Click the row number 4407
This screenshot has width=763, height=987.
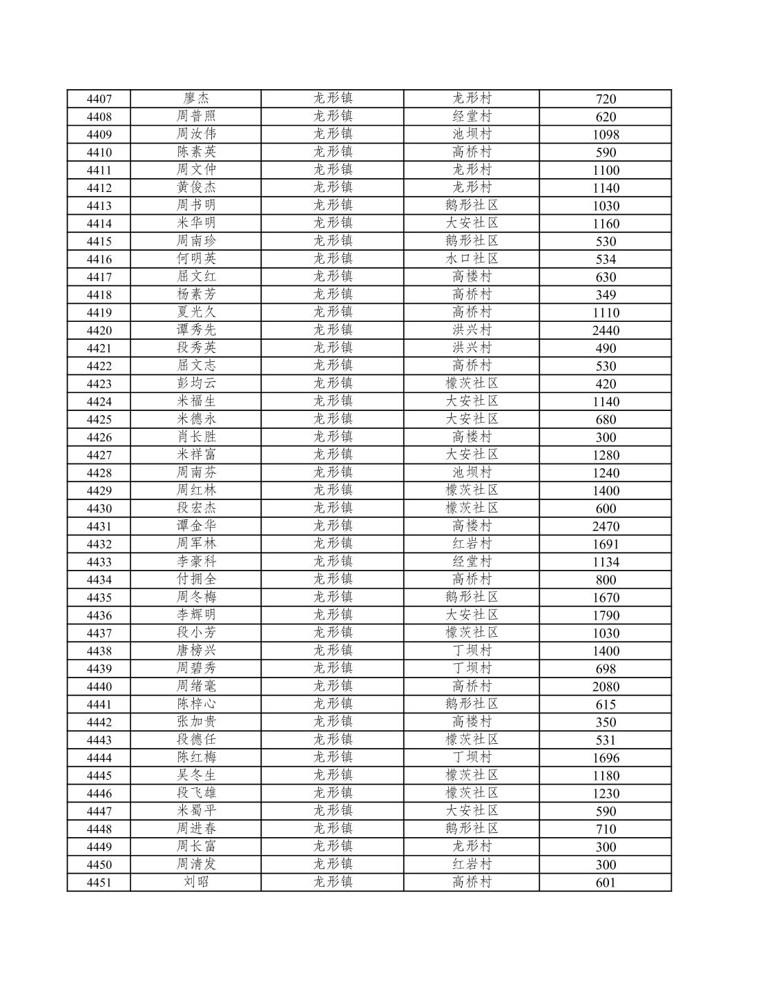[99, 99]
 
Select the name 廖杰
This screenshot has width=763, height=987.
[196, 99]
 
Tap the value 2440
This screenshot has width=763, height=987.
[606, 331]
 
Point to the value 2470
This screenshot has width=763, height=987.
[606, 526]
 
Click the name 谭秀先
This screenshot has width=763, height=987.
[196, 330]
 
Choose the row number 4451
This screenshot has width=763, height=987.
[99, 883]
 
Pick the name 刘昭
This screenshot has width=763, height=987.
[196, 882]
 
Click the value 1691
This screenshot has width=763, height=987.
[606, 544]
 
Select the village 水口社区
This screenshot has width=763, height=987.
[472, 259]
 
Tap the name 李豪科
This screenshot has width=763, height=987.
[196, 562]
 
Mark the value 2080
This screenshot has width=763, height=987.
[606, 687]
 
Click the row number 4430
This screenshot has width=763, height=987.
[99, 509]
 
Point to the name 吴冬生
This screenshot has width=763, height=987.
[196, 775]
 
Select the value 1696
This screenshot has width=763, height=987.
[606, 758]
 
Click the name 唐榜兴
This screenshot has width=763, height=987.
[196, 651]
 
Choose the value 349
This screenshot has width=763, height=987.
[606, 295]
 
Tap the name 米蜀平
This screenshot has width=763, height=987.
[196, 811]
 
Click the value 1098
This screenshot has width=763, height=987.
[606, 135]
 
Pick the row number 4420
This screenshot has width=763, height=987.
[99, 331]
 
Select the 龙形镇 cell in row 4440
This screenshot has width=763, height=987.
[333, 686]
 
